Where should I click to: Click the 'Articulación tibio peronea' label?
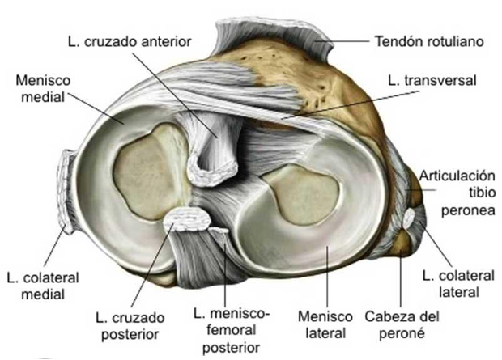tap(457, 193)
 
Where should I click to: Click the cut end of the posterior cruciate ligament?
tap(185, 218)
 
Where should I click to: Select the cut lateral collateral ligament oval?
tap(411, 217)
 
